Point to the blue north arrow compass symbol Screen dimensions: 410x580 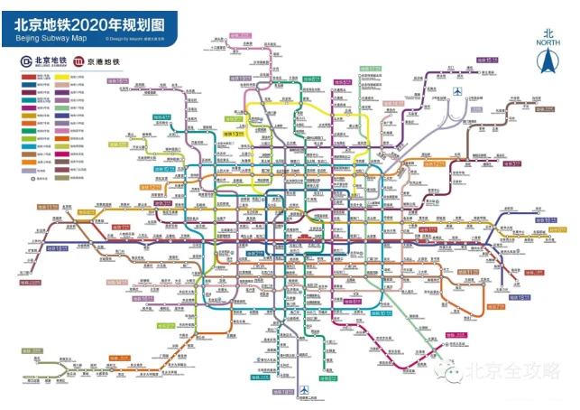(545, 61)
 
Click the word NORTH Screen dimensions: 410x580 (546, 42)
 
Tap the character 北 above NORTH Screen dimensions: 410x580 (546, 32)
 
